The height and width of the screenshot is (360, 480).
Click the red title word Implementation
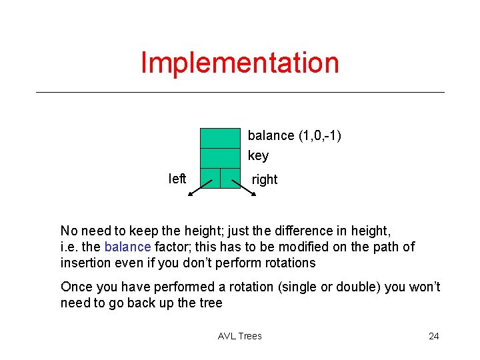(240, 63)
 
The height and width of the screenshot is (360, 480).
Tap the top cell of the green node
(220, 137)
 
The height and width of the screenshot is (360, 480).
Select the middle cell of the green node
(220, 157)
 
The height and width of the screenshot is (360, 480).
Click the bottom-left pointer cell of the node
(210, 179)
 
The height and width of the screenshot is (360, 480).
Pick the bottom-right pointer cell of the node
(230, 179)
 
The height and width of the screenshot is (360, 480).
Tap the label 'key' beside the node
(258, 156)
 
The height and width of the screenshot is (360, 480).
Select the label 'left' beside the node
(177, 179)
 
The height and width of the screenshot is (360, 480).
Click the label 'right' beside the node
(265, 179)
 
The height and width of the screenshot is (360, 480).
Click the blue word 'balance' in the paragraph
(127, 247)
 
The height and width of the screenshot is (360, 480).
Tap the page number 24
(433, 336)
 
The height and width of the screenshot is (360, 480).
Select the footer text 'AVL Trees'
(240, 336)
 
